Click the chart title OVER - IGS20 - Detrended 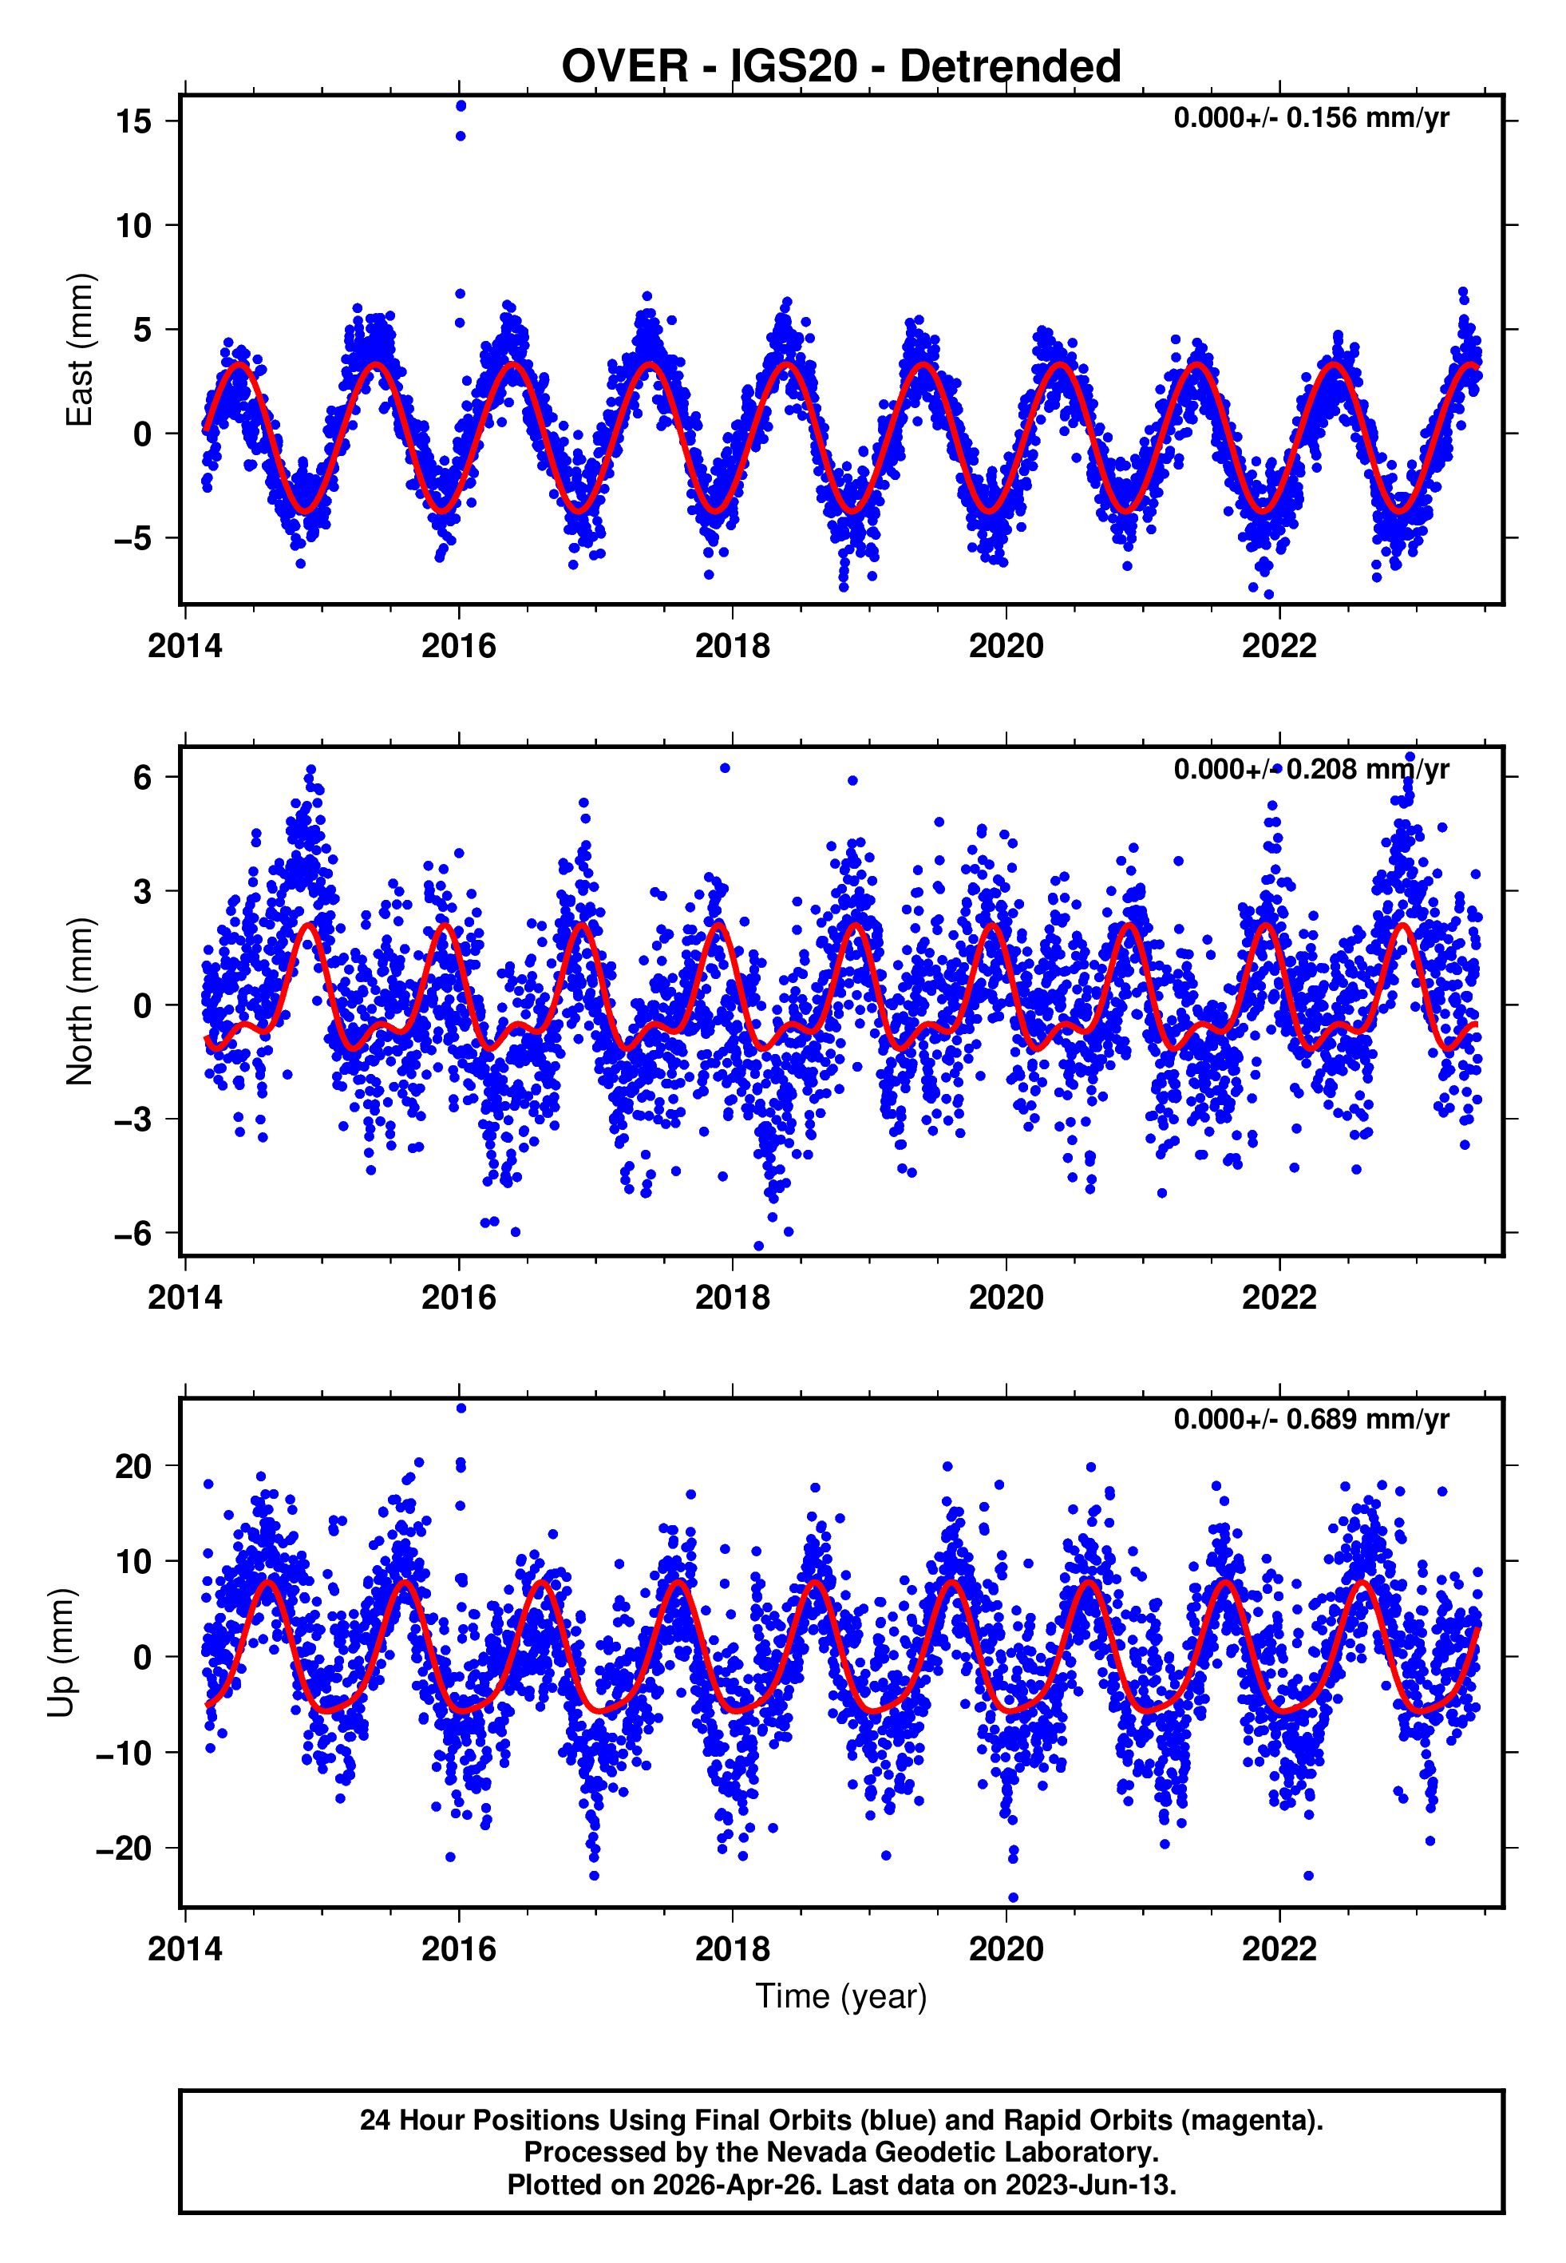[841, 67]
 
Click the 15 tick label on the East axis [133, 121]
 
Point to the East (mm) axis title [80, 351]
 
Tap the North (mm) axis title [80, 1001]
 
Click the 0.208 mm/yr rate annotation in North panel [1310, 770]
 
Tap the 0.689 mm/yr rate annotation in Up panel [1310, 1419]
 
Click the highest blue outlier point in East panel [461, 106]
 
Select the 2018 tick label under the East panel [732, 646]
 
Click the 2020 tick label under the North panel [1006, 1298]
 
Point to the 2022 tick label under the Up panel [1279, 1948]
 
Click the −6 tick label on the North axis [133, 1234]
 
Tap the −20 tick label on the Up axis [124, 1848]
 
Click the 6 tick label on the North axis [143, 777]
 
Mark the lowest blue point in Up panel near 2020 [1014, 1897]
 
